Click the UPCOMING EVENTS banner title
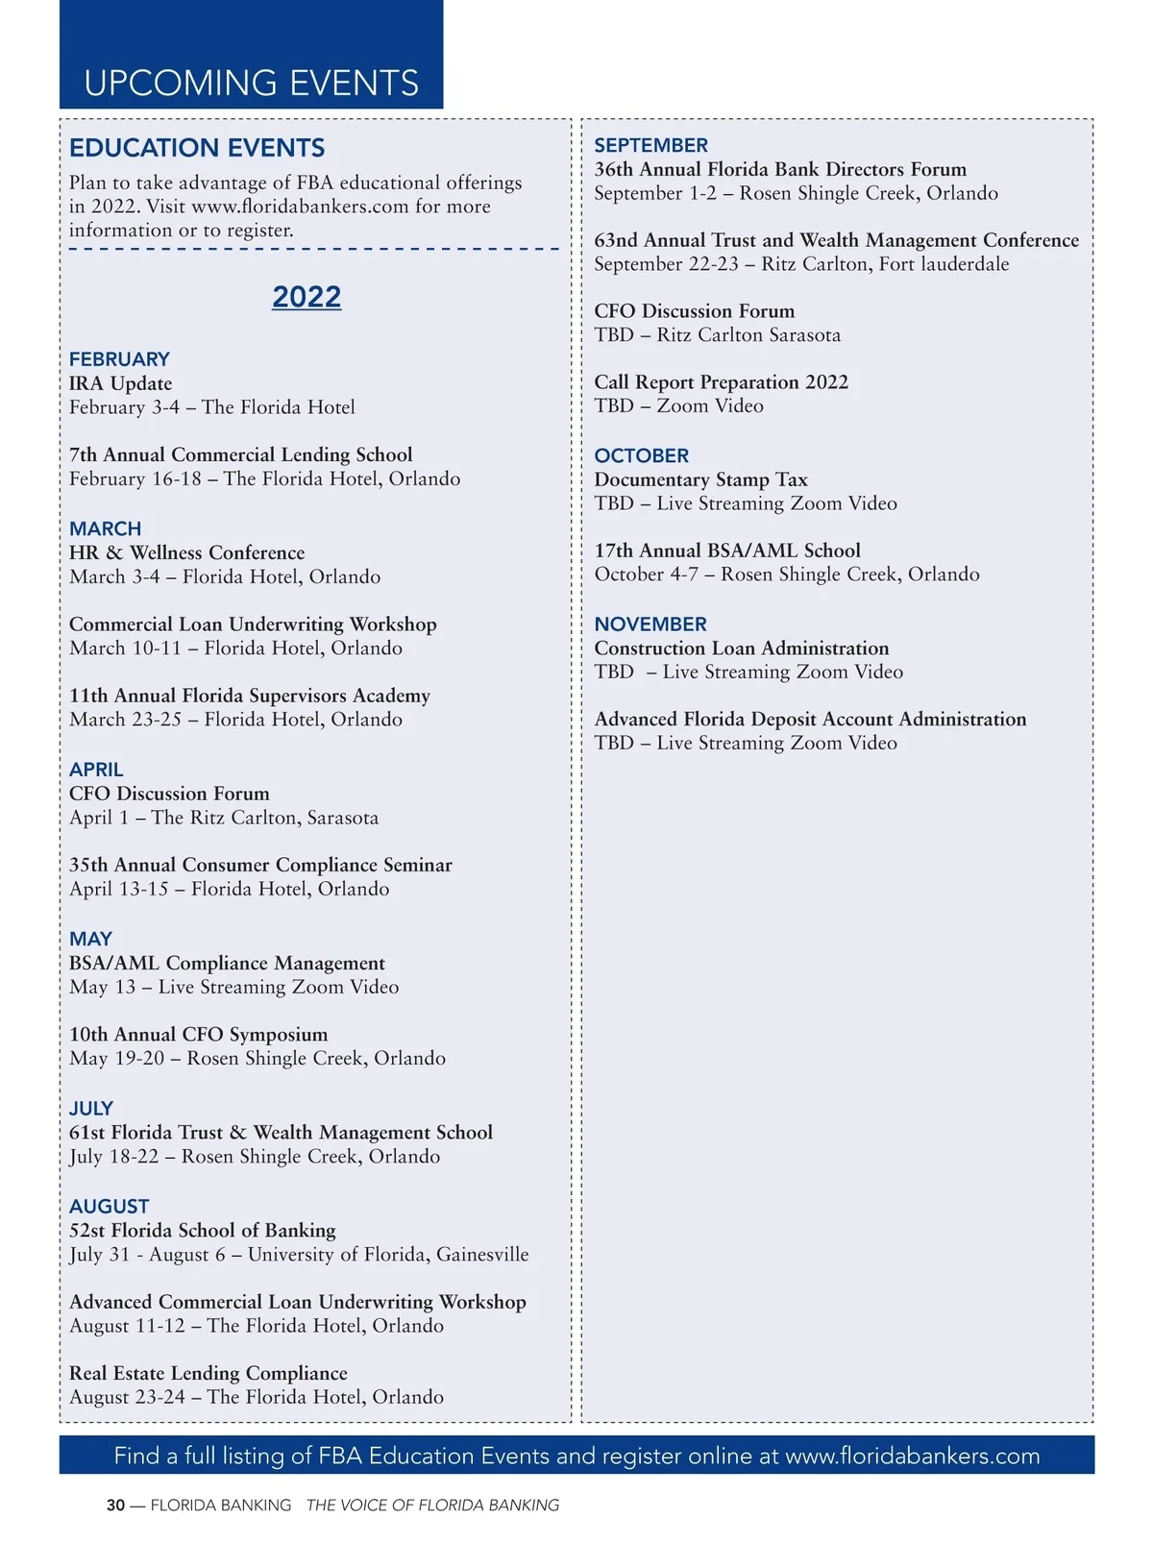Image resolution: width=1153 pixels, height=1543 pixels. click(x=251, y=84)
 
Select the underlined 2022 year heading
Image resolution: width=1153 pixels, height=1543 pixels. click(x=307, y=297)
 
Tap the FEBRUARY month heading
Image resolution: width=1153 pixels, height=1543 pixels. click(x=119, y=359)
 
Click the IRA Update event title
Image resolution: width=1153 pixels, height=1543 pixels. click(x=120, y=383)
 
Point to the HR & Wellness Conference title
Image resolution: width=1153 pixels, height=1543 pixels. click(x=186, y=552)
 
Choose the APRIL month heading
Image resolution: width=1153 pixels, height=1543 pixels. click(x=96, y=770)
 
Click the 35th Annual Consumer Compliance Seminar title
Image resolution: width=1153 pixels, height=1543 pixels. click(x=260, y=865)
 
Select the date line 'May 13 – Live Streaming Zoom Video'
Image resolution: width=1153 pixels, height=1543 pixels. click(x=233, y=987)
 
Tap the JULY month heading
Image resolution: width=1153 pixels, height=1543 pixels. click(x=91, y=1108)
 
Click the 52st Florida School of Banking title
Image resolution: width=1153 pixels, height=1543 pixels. click(x=202, y=1230)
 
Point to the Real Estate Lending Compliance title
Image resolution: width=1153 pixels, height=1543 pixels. click(x=208, y=1373)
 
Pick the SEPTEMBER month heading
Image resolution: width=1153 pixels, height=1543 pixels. click(x=650, y=145)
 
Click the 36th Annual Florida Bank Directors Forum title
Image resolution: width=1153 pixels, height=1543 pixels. click(x=780, y=169)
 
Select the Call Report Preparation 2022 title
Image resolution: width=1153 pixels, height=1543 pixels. click(x=721, y=382)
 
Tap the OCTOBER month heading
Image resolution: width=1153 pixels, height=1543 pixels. click(x=641, y=455)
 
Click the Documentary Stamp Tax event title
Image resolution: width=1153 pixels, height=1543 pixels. click(x=700, y=479)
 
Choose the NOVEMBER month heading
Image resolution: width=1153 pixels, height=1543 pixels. click(x=650, y=625)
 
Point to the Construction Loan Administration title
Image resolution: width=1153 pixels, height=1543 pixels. click(x=741, y=649)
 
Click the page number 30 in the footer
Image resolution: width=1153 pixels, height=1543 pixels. click(x=115, y=1506)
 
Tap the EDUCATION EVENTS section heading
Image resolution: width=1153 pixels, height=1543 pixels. click(x=197, y=148)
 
